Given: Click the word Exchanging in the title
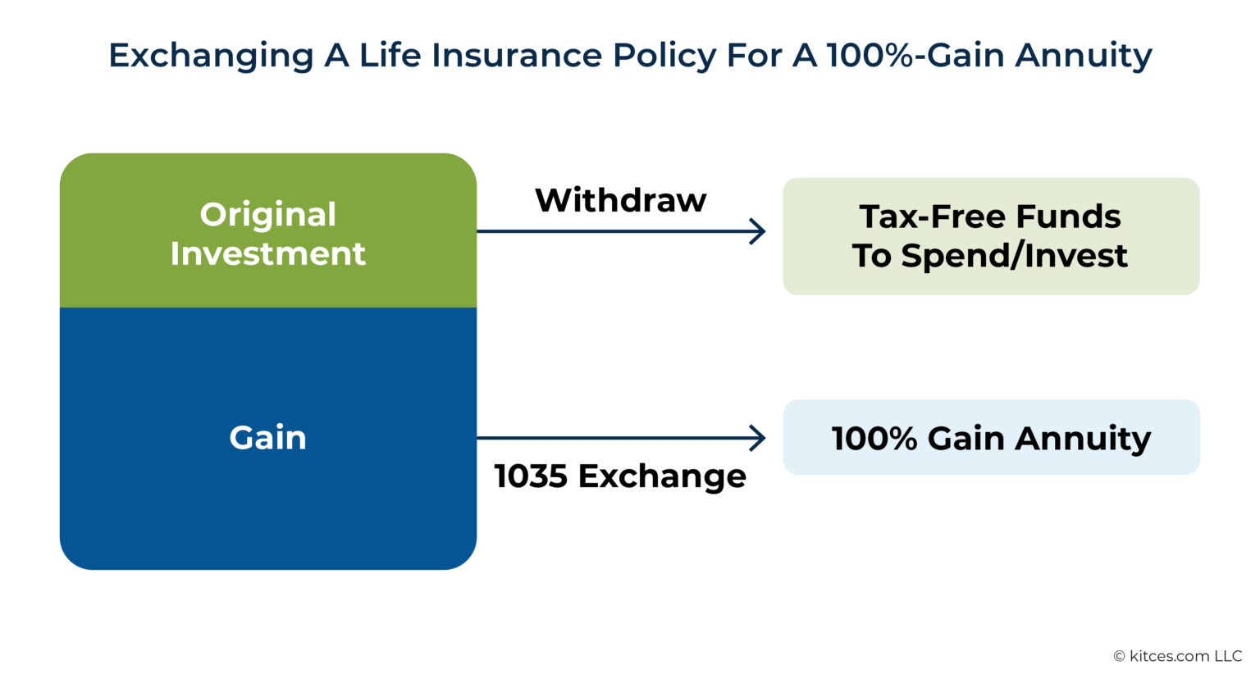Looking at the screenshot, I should tap(211, 56).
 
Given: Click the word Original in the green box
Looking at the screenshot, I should tap(268, 215).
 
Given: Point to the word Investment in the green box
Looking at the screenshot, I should tap(268, 254).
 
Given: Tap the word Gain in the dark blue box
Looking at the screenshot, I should tap(268, 438).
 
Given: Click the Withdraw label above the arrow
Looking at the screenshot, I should tap(621, 200).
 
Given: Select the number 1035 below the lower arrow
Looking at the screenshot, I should tap(531, 476).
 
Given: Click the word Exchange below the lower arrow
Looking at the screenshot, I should tap(662, 476).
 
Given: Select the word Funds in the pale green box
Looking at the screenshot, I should tap(1068, 217).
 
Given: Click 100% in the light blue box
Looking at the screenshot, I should tap(874, 439).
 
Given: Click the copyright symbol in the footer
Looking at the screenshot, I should tap(1119, 656).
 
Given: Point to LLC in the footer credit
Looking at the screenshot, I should tap(1229, 656).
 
